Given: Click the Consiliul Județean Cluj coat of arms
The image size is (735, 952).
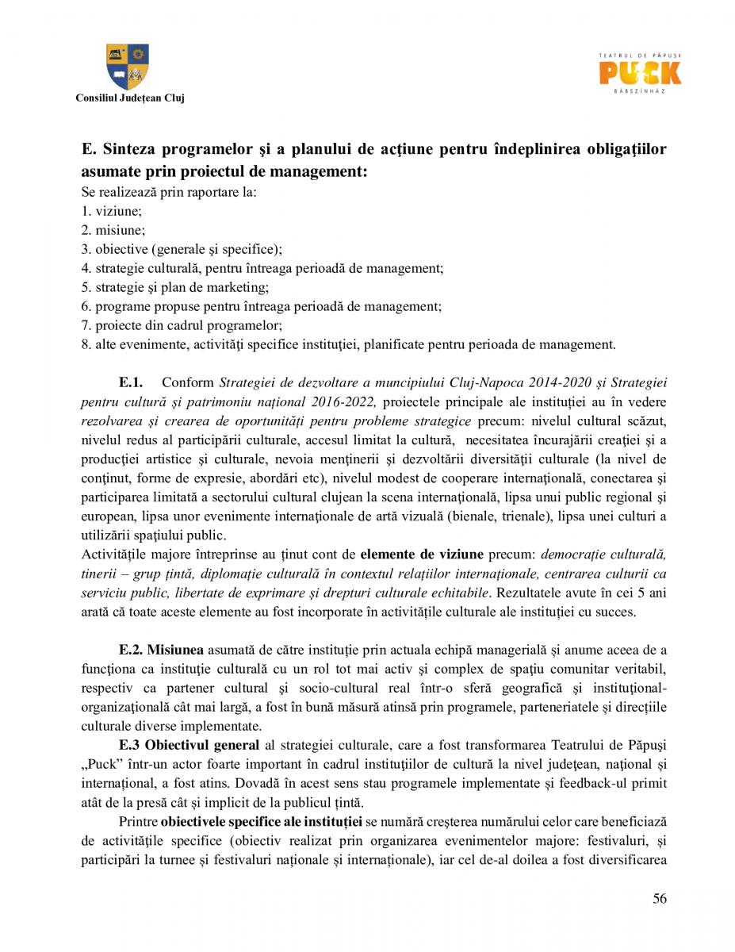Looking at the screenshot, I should tap(128, 67).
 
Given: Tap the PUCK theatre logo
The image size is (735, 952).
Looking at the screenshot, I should tap(640, 73).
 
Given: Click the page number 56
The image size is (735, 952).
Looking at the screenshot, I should tap(660, 898).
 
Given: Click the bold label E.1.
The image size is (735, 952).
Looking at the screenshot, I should tap(131, 382).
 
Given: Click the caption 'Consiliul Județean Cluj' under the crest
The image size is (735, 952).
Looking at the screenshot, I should tap(129, 98).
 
